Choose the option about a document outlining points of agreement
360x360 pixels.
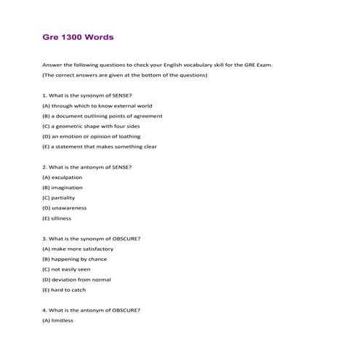click(102, 116)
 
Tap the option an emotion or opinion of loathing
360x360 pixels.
click(91, 136)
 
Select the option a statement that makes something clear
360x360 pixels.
click(99, 146)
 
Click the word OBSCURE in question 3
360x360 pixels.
click(128, 239)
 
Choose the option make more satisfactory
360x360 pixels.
click(84, 249)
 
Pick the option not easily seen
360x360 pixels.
click(73, 269)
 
